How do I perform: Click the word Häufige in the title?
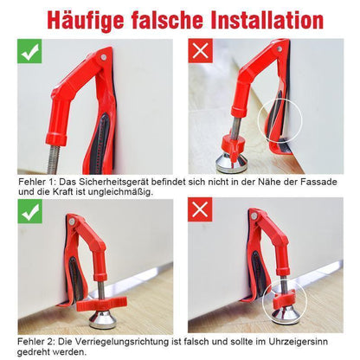(86, 20)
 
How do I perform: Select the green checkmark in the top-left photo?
(29, 51)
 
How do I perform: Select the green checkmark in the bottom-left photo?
(29, 211)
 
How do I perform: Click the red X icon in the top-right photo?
(201, 51)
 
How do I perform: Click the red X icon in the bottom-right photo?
(200, 209)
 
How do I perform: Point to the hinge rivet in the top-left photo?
(104, 57)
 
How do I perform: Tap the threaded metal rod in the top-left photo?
(54, 159)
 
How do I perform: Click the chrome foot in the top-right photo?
(228, 164)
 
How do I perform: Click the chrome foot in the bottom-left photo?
(103, 319)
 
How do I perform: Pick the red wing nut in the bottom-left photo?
(101, 304)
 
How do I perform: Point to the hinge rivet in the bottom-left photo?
(72, 222)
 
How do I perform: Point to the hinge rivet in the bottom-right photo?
(254, 215)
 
